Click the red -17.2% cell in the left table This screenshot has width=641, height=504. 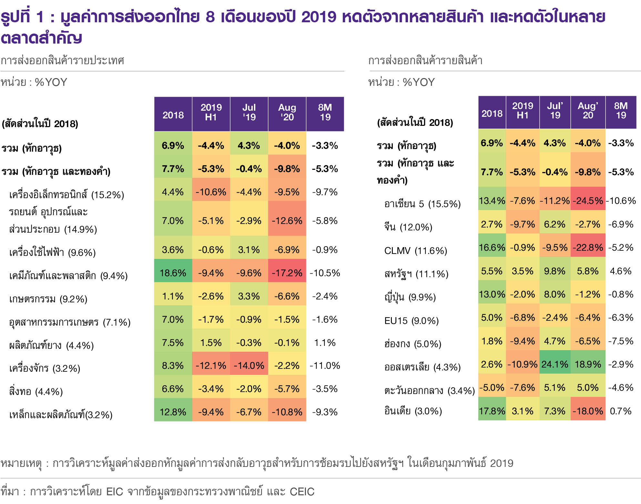(287, 273)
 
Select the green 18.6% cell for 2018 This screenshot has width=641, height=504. (173, 273)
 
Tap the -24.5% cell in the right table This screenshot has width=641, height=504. (588, 201)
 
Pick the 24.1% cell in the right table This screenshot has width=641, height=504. (555, 364)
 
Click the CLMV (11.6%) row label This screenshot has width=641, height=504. (415, 251)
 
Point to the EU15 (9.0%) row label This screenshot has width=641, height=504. (411, 321)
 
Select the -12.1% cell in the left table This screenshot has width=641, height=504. (211, 366)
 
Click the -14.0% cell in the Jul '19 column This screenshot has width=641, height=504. (249, 366)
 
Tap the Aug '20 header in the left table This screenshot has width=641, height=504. (287, 112)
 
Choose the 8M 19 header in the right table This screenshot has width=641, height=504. (621, 111)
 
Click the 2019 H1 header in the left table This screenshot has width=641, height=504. (211, 112)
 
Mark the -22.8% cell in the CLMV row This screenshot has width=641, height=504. (588, 247)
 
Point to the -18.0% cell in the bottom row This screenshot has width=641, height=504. (588, 411)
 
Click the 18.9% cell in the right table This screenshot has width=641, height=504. (588, 364)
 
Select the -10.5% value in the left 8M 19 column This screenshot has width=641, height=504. (325, 273)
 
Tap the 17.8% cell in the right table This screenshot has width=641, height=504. (492, 411)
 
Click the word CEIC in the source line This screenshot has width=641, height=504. (302, 491)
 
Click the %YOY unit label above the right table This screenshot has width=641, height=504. (419, 82)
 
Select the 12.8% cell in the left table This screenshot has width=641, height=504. (173, 412)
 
